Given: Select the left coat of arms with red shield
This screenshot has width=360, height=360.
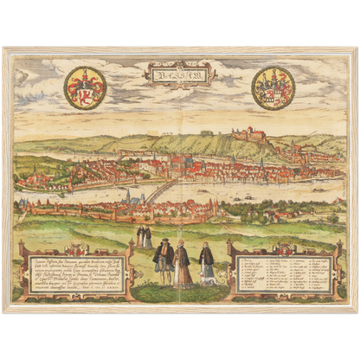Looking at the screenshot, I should pyautogui.click(x=85, y=87).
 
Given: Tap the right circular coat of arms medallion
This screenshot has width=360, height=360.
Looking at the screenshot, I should pyautogui.click(x=273, y=88).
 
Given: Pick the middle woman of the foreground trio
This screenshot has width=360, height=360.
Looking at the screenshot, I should pyautogui.click(x=183, y=265).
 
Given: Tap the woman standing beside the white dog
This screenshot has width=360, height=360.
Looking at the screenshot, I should pyautogui.click(x=205, y=262).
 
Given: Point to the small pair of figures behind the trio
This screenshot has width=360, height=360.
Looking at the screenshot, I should pyautogui.click(x=145, y=237).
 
